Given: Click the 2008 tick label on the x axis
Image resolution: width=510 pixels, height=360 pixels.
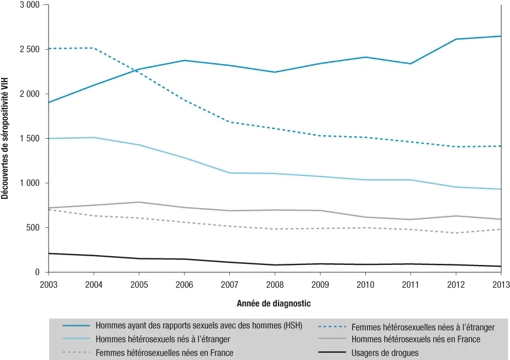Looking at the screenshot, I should tap(275, 284).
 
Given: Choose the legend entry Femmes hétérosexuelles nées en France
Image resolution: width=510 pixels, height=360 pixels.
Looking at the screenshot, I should tap(164, 353).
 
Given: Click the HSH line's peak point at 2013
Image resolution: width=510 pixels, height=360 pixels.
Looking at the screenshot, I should tap(501, 36).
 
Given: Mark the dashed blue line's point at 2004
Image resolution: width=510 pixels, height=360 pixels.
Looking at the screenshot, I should tap(94, 48).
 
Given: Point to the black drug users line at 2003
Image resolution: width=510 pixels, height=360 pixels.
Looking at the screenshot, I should tap(49, 253).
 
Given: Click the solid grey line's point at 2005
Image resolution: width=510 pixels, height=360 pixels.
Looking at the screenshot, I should tap(139, 202).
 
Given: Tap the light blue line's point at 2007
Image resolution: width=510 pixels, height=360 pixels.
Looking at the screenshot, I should tap(230, 173).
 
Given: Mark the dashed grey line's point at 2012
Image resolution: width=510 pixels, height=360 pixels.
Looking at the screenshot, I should tap(456, 233).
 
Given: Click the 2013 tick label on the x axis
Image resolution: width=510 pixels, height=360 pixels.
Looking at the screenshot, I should tap(501, 284).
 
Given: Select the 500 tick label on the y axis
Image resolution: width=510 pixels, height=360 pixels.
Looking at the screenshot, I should tap(32, 228).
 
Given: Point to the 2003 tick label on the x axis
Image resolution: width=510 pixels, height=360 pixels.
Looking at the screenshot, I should tap(49, 284).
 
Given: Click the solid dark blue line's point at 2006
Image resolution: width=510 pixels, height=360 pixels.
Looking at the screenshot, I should tap(185, 60).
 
